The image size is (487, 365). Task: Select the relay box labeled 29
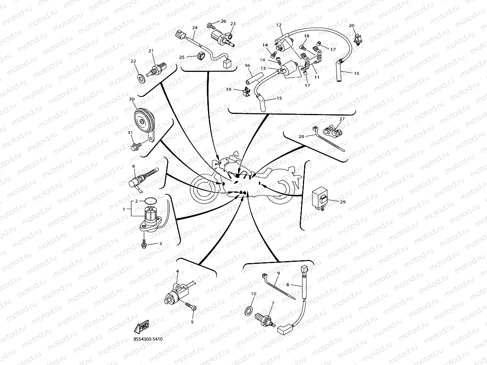coord(321,198)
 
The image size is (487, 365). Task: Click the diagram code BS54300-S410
coord(148,339)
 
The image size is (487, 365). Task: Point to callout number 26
coord(223,21)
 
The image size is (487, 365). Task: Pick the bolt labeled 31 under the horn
coord(134,148)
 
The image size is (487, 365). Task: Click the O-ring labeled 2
coord(150,201)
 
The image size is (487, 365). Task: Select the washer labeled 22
coord(141,78)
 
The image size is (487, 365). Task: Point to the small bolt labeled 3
coord(144,243)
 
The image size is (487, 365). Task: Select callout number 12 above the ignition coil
coord(279,25)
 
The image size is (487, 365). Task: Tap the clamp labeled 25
coord(201,56)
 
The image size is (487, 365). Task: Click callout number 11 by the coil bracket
coord(317,77)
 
